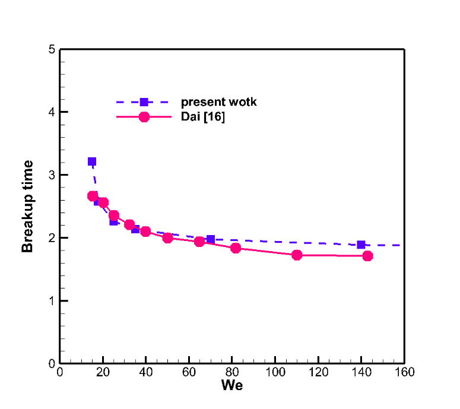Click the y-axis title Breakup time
click(x=28, y=207)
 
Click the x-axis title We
click(x=231, y=385)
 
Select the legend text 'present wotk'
click(x=218, y=102)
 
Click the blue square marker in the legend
click(x=144, y=102)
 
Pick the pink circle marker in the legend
click(x=144, y=117)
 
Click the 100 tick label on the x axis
click(x=275, y=372)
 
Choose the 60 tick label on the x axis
click(x=189, y=372)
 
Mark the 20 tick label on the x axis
click(x=103, y=372)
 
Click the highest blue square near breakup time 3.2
click(x=92, y=161)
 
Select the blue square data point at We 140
click(x=361, y=245)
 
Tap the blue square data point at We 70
click(x=210, y=239)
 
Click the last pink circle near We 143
click(x=367, y=256)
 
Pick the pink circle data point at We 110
click(x=297, y=255)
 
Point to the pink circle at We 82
click(x=236, y=248)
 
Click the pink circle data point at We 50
click(x=167, y=238)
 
